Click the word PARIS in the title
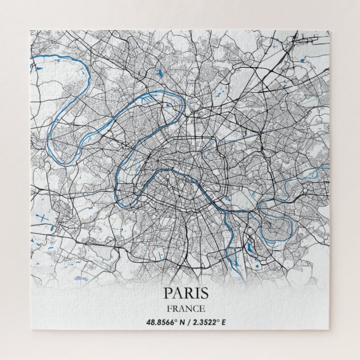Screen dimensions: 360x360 click(187, 293)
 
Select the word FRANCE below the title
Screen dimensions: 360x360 click(186, 308)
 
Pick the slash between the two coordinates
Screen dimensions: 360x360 click(191, 322)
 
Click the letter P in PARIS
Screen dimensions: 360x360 click(169, 293)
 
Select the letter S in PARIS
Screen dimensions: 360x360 click(204, 293)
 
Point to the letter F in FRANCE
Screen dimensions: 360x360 click(169, 308)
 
